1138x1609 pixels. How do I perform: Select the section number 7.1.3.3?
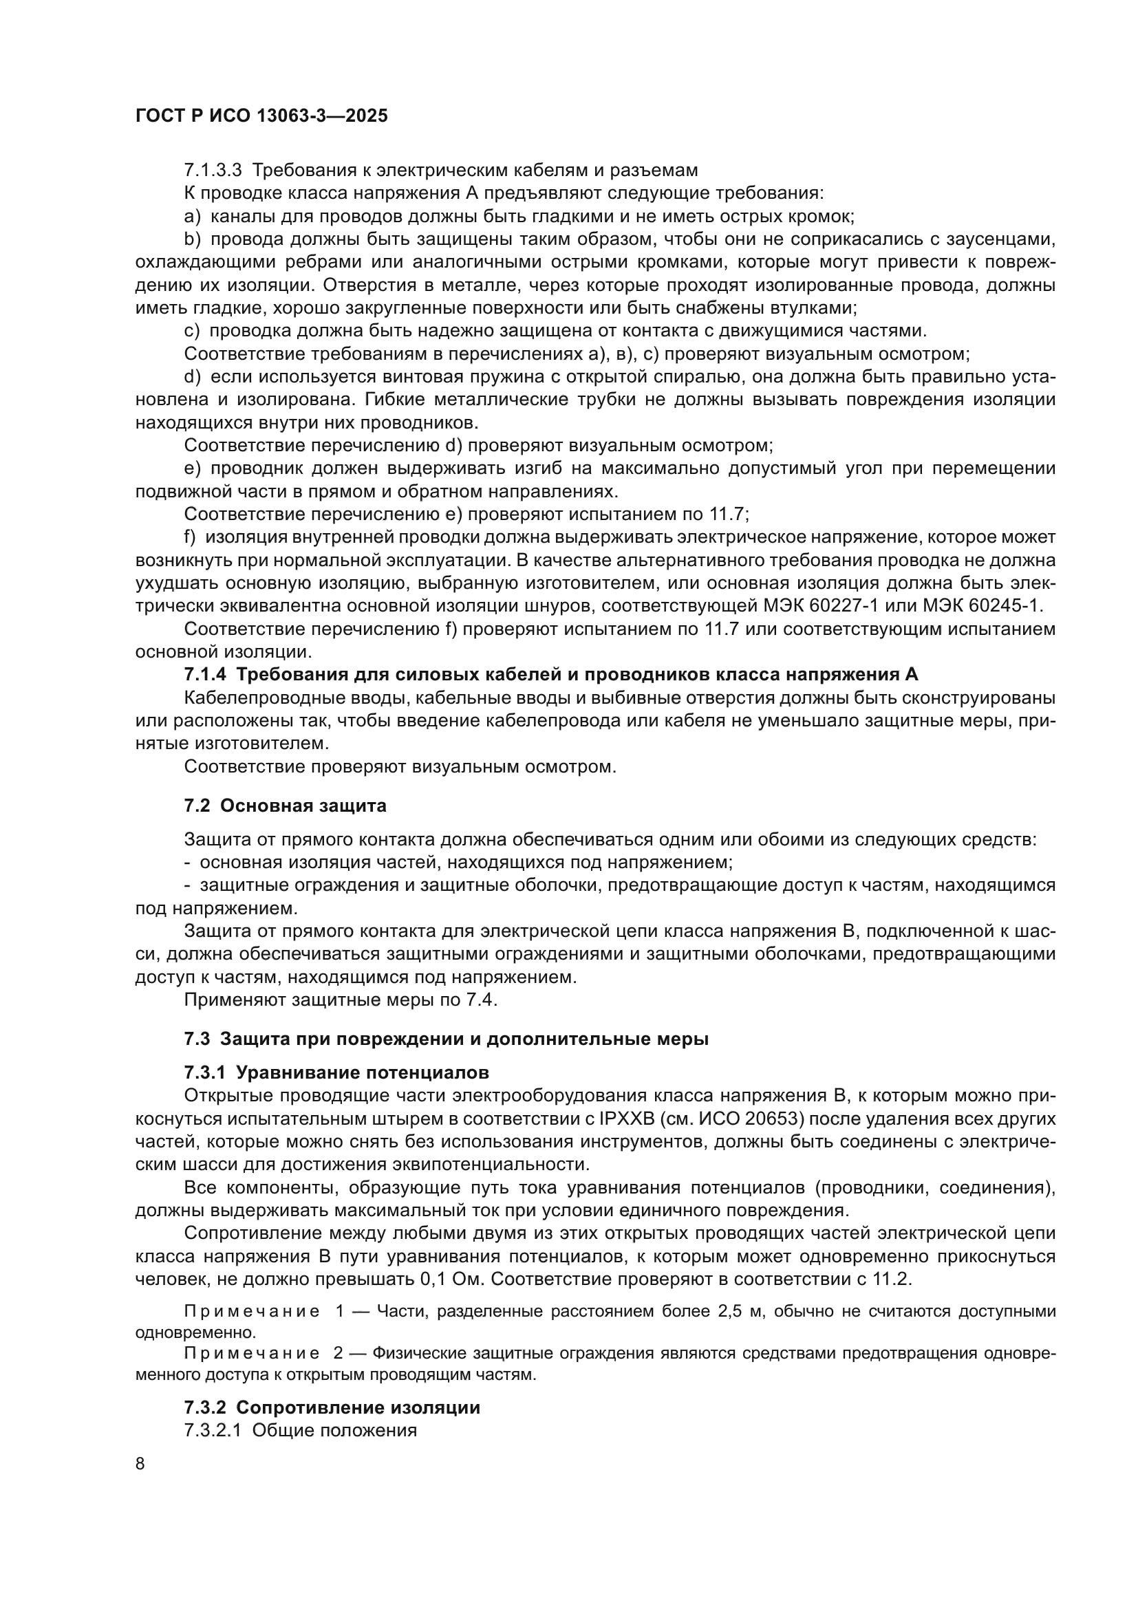tap(213, 171)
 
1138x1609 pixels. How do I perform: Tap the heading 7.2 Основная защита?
tap(286, 806)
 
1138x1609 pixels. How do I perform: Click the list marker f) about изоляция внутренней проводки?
tap(190, 537)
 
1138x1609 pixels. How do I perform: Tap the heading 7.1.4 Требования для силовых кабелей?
tap(551, 675)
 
